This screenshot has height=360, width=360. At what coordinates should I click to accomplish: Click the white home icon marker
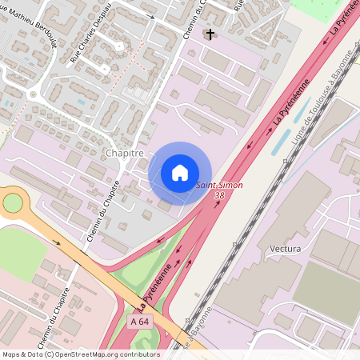[x=180, y=173]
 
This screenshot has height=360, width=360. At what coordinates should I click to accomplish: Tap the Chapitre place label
[x=124, y=153]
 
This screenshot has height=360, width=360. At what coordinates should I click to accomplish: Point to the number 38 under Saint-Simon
[x=219, y=195]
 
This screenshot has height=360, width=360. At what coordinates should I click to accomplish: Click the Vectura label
[x=286, y=249]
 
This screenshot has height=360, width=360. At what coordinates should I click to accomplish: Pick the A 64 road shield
[x=138, y=321]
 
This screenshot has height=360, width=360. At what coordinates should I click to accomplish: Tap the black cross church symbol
[x=210, y=34]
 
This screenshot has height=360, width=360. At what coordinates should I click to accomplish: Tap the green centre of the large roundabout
[x=12, y=202]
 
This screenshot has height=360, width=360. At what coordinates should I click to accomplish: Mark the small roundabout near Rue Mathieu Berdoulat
[x=33, y=94]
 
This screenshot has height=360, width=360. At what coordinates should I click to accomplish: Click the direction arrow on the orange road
[x=57, y=240]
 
